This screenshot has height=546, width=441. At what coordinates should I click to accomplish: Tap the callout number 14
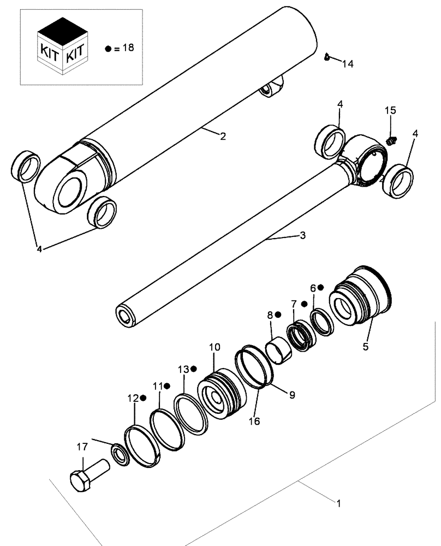348,64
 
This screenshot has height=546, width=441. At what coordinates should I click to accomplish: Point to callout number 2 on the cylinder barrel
223,136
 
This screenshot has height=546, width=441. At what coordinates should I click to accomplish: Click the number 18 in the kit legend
127,48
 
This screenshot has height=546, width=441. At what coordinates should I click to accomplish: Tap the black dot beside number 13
194,369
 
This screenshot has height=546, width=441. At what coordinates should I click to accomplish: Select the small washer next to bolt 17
120,455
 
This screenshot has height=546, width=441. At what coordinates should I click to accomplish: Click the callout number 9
292,395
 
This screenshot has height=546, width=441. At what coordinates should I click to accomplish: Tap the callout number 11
158,386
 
